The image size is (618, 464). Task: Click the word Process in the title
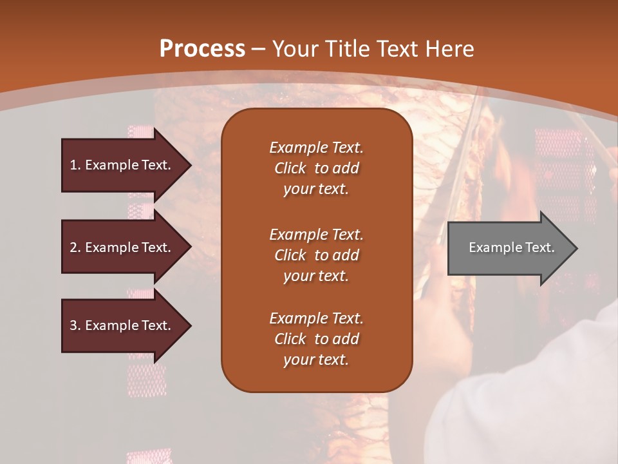pos(202,48)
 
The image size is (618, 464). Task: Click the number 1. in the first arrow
pos(75,165)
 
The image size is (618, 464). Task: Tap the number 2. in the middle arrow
pos(75,247)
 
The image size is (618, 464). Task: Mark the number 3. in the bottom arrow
pos(75,325)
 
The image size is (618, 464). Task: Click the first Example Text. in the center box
pos(316,148)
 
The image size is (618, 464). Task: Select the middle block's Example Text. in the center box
pos(316,234)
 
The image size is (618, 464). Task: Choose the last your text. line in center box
pos(316,360)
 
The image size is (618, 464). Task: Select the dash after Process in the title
pos(258,49)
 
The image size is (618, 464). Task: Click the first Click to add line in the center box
pos(316,168)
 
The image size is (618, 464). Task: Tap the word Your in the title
pos(293,48)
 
